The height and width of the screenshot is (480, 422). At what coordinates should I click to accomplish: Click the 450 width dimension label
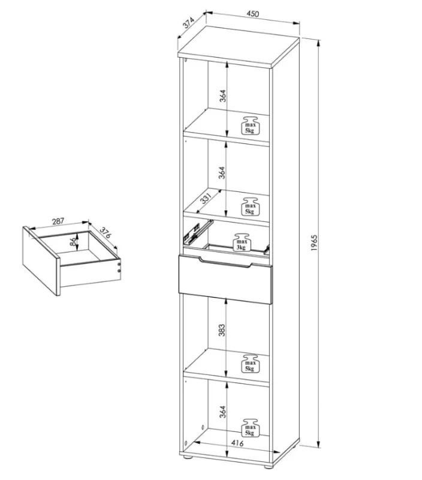(x=253, y=14)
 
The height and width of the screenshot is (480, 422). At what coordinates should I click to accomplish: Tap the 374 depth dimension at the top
(x=189, y=23)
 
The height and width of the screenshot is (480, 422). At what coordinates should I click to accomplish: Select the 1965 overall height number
(x=314, y=244)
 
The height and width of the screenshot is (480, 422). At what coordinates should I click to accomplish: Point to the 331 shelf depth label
(x=206, y=199)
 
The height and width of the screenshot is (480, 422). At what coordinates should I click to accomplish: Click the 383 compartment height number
(x=222, y=330)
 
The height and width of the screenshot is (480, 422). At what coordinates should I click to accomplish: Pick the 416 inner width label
(x=237, y=443)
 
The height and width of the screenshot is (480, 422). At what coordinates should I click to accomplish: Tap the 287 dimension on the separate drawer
(x=58, y=221)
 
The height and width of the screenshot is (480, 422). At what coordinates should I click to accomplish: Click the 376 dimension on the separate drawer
(x=105, y=233)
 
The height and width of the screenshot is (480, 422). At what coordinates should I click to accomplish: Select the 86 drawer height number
(x=73, y=242)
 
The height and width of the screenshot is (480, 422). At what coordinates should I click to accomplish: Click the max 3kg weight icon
(x=242, y=242)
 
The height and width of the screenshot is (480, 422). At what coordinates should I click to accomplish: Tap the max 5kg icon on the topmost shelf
(x=250, y=125)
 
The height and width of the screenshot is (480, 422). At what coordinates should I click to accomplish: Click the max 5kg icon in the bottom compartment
(x=250, y=427)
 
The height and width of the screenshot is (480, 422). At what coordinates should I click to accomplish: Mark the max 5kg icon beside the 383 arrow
(x=250, y=364)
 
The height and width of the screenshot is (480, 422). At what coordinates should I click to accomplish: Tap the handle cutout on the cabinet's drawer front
(x=226, y=263)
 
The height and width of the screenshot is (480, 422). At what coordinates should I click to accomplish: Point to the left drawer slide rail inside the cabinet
(x=198, y=231)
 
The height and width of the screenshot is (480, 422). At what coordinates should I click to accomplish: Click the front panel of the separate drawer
(x=41, y=261)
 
